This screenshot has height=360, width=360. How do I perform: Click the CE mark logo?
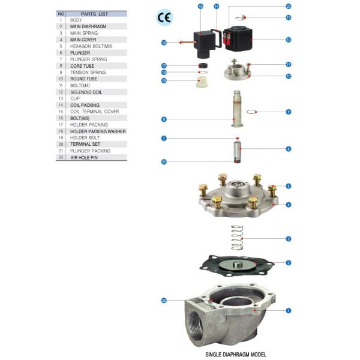pos(164,17)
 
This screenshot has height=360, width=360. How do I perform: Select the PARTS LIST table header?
pos(94,14)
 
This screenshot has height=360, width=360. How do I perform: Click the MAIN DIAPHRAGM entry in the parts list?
pos(88,26)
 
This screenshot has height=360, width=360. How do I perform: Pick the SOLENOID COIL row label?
pos(86,92)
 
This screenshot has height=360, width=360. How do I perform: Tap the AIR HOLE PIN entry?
pos(84,158)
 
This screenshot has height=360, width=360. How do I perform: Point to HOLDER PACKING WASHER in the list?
pos(98,131)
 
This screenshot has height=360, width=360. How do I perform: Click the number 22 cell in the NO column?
pos(61,157)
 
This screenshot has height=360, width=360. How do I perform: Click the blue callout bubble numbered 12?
pos(289,40)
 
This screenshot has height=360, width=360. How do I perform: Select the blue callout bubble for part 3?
pos(289,239)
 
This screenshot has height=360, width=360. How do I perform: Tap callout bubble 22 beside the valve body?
pos(164,301)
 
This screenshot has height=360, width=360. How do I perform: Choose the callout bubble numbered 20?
pos(289,7)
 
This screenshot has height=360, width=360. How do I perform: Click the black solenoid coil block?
pos(238,39)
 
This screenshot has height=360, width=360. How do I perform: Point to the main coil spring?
pos(237,238)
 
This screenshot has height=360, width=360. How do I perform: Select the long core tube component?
pos(237,109)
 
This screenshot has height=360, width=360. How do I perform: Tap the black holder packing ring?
pos(203,65)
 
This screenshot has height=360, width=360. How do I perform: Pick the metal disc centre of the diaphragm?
pos(238,265)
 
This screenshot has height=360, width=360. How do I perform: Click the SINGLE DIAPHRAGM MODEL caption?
pos(236,354)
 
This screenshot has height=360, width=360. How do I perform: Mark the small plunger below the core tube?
pos(238,152)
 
